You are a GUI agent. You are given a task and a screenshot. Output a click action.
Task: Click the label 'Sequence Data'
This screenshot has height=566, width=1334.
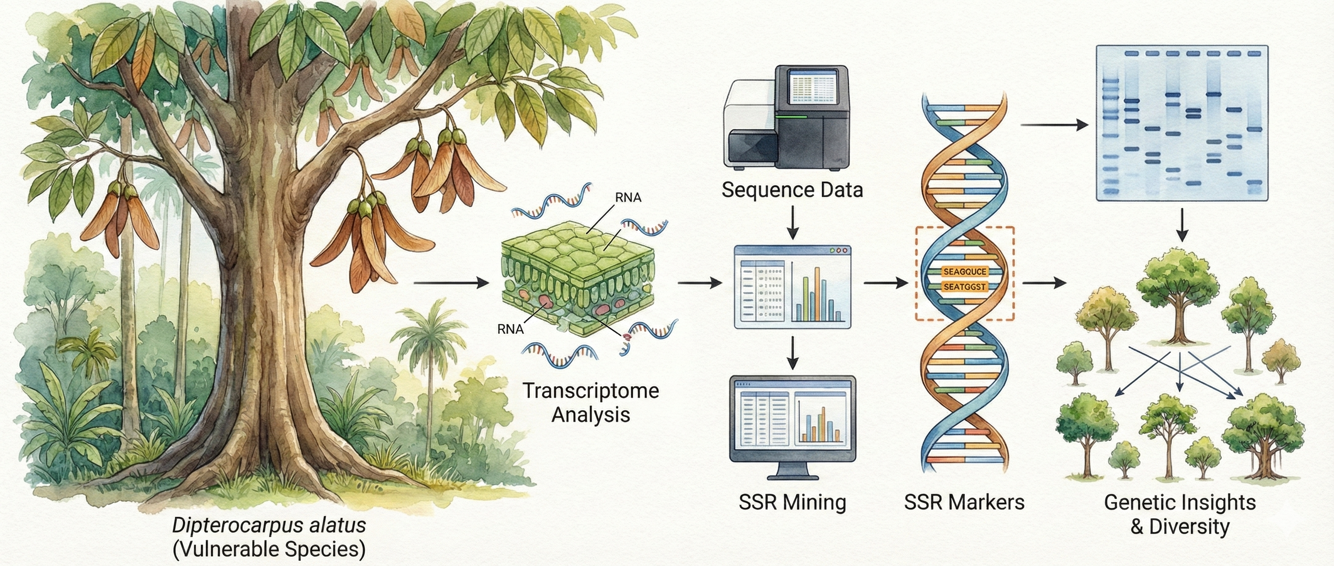click(x=792, y=190)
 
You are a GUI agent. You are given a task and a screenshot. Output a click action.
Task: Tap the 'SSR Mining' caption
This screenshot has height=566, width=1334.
click(x=792, y=502)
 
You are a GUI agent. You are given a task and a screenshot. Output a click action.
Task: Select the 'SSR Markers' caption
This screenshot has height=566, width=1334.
click(x=964, y=502)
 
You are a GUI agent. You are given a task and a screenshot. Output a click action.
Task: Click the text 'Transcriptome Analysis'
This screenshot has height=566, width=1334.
click(x=590, y=402)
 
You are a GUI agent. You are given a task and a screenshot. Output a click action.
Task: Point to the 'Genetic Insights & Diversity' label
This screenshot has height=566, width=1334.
click(x=1180, y=514)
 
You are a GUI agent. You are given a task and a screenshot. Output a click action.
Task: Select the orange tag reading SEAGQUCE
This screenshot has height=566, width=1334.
click(x=965, y=271)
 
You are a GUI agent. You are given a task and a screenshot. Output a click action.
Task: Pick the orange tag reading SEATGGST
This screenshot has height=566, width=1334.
click(x=964, y=286)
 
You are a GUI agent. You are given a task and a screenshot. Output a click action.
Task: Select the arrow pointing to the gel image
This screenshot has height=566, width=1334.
click(x=1054, y=125)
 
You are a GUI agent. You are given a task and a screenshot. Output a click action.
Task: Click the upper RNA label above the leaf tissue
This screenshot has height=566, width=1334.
click(x=628, y=197)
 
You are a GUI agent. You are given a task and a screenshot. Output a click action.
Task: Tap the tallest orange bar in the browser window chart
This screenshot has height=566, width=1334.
click(x=818, y=294)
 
